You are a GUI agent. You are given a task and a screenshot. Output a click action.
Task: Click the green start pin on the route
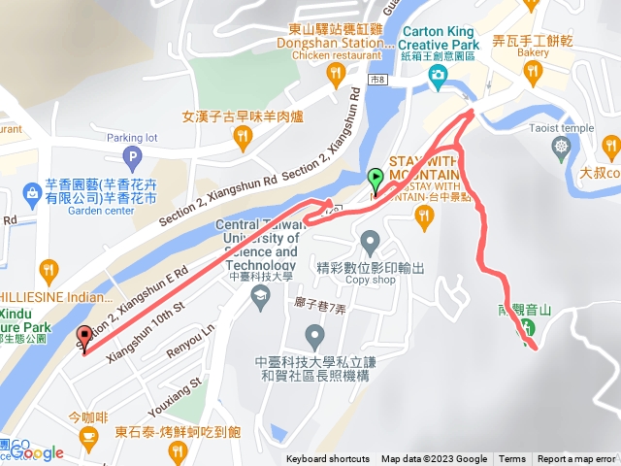(376, 180)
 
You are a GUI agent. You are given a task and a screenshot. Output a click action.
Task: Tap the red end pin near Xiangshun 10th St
(83, 337)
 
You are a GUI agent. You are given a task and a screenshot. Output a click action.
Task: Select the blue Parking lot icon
(131, 157)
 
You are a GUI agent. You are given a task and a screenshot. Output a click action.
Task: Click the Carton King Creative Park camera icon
(439, 75)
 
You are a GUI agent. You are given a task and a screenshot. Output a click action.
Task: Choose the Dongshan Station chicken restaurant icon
(336, 72)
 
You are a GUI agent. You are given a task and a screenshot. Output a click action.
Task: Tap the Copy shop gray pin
(369, 240)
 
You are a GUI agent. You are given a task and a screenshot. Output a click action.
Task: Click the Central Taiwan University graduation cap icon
(259, 302)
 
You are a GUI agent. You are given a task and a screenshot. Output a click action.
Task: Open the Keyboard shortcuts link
(328, 459)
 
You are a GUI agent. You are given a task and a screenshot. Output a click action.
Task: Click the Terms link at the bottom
(512, 459)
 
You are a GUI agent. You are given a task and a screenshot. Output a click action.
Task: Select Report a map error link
(576, 459)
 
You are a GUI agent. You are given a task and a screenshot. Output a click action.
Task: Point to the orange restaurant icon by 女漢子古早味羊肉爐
(243, 144)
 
